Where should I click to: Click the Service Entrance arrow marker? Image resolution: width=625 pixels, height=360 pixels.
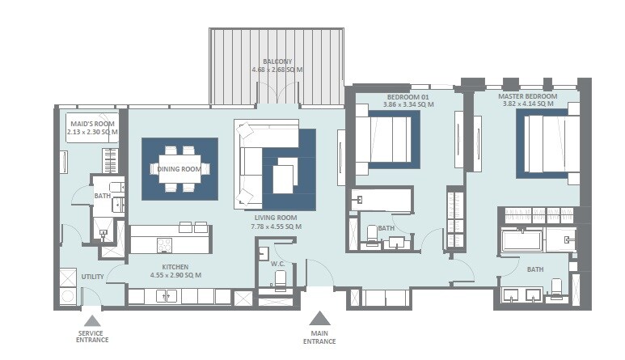coord(91,319)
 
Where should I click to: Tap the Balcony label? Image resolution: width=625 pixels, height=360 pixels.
coord(277,61)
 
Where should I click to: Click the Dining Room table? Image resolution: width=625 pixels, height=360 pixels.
coord(179,168)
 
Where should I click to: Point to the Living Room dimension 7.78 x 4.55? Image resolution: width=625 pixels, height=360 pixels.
coord(275,227)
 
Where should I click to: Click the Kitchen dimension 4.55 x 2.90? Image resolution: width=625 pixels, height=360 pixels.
coord(175,275)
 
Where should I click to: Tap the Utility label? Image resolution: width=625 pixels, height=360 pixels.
coord(92,277)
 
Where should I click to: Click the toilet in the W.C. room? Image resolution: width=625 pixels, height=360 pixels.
coord(281,281)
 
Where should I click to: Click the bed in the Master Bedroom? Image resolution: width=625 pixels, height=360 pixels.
coord(550,144)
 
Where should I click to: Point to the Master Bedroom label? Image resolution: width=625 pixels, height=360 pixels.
coord(528,96)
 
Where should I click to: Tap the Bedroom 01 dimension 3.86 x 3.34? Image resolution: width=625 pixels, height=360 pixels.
coord(408,105)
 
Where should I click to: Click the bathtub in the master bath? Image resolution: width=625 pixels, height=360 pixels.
coord(522,240)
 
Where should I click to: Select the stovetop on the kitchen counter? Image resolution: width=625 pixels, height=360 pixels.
coord(164,244)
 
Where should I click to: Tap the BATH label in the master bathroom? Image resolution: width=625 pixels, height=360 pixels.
coord(535,269)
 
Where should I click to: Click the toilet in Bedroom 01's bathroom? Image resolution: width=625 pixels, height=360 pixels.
coord(373,235)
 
